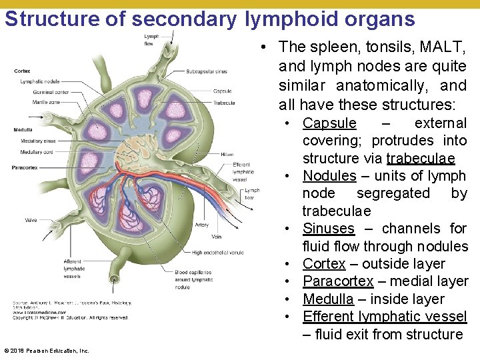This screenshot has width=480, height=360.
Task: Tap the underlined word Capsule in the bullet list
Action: click(329, 123)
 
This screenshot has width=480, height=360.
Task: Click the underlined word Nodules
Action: click(329, 176)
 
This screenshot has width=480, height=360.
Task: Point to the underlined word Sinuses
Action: click(328, 229)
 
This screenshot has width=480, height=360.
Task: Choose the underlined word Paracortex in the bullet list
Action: click(338, 281)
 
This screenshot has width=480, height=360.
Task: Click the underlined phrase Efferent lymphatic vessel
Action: click(385, 317)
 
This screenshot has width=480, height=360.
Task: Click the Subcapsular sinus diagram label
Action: click(206, 71)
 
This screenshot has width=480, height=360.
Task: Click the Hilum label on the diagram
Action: click(227, 154)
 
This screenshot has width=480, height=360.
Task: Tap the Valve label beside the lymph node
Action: click(30, 219)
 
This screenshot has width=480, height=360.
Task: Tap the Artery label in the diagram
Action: click(201, 225)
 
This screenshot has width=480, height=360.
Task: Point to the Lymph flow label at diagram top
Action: click(151, 40)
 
